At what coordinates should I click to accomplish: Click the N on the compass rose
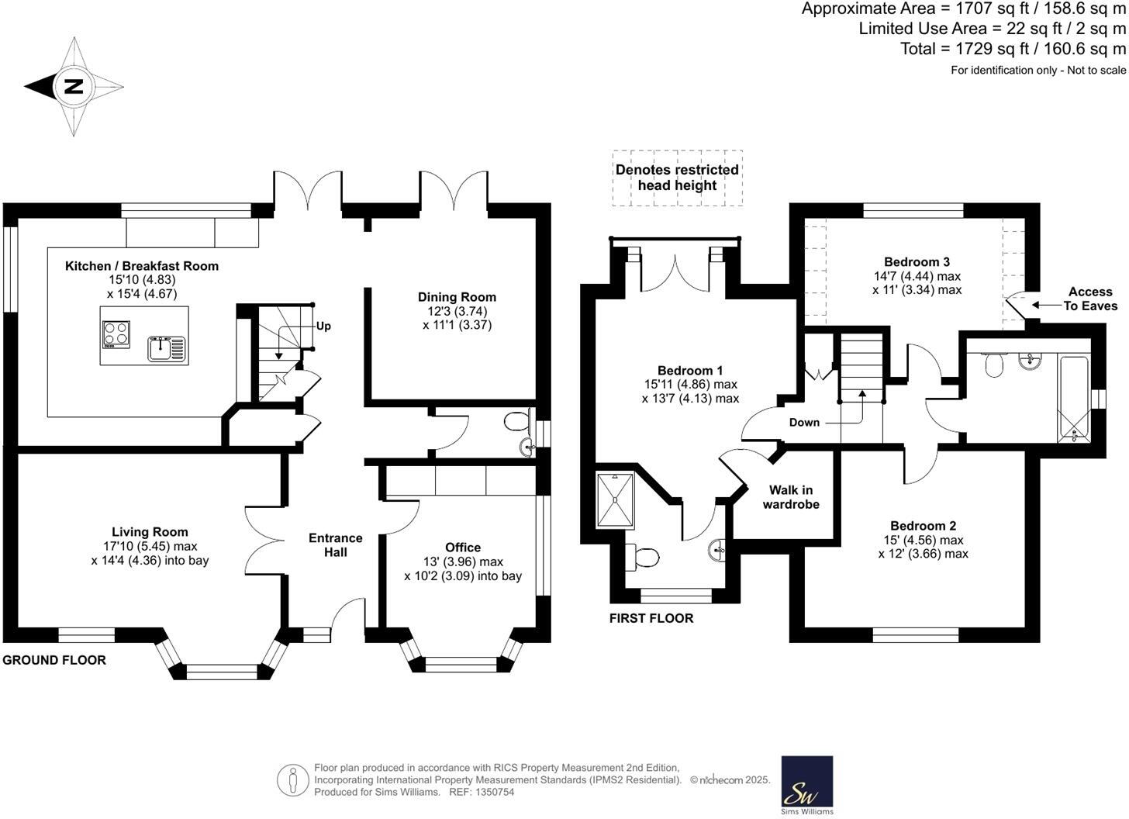[x=74, y=86]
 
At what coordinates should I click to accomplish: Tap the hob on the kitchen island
[x=116, y=334]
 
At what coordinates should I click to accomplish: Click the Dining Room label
[x=457, y=297]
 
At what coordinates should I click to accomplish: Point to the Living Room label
[x=150, y=532]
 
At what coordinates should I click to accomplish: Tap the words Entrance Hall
[x=336, y=544]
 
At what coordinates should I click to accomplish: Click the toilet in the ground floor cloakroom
[x=516, y=421]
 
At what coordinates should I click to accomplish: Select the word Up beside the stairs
[x=323, y=326]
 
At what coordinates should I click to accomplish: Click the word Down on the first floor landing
[x=804, y=423]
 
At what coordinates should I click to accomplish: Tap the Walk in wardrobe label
[x=791, y=497]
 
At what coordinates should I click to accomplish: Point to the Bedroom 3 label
[x=917, y=261]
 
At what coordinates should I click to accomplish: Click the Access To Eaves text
[x=1090, y=299]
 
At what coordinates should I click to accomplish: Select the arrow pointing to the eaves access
[x=1047, y=305]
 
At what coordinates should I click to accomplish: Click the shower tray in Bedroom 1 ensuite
[x=614, y=500]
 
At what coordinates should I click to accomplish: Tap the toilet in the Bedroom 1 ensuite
[x=642, y=558]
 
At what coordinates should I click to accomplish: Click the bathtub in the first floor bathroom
[x=1073, y=399]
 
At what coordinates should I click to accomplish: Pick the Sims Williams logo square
[x=806, y=782]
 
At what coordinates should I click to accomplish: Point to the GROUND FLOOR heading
[x=54, y=660]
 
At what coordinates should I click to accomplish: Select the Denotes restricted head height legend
[x=678, y=178]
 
